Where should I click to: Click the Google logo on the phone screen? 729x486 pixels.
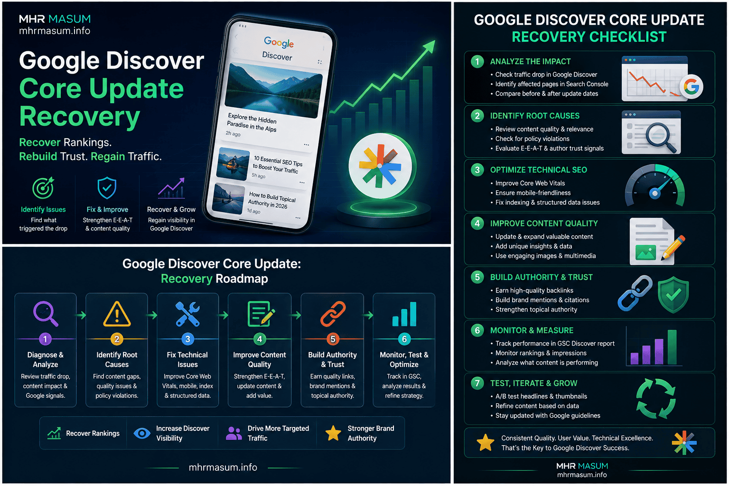click(x=279, y=42)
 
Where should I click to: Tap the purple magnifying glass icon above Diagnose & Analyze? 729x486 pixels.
click(x=45, y=314)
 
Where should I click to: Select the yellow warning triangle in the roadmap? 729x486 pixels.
click(x=117, y=314)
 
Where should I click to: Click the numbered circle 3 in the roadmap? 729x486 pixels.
click(x=188, y=339)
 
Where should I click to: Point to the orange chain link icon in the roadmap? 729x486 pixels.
click(x=333, y=314)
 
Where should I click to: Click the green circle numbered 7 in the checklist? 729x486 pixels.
click(x=477, y=383)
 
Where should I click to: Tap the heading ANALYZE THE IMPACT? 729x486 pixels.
click(x=531, y=62)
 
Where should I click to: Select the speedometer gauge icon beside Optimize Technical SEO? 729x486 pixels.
click(x=655, y=185)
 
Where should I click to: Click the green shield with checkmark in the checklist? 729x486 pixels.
click(x=673, y=295)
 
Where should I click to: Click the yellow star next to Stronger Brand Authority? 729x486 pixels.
click(x=333, y=433)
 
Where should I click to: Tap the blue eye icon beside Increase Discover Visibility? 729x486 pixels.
click(x=142, y=433)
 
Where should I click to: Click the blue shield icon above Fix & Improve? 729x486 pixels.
click(x=107, y=188)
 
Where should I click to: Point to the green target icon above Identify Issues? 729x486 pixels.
click(x=43, y=188)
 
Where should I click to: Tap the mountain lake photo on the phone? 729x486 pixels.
click(x=273, y=90)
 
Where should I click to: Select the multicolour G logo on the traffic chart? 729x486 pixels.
click(x=691, y=86)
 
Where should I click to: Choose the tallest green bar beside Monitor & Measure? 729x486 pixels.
click(x=672, y=347)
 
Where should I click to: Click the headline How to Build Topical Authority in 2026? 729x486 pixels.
click(x=271, y=200)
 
